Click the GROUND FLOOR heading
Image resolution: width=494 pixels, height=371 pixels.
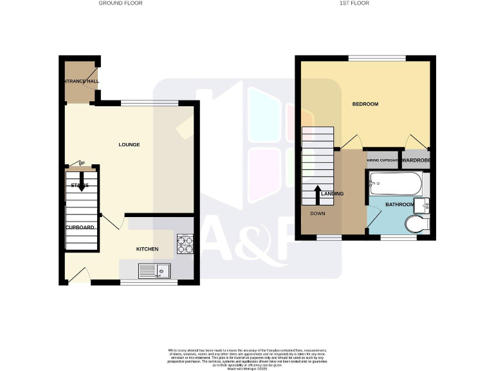point(120,3)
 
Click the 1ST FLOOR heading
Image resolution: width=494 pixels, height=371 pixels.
point(354,3)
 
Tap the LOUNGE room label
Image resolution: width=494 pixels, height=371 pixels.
point(129,144)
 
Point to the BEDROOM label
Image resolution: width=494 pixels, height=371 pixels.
point(365,104)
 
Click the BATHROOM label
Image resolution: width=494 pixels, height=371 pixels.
point(399,205)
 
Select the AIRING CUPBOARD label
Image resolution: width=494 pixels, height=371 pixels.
point(383,161)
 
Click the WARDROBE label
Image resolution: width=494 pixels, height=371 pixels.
point(416,160)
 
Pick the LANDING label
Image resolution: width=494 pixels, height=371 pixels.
point(333,194)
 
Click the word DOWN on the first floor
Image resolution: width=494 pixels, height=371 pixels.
point(318,214)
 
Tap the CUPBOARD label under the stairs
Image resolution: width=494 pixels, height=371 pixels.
point(80,227)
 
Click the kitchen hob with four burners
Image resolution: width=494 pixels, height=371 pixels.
point(185,243)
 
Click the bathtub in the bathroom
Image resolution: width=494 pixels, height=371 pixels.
point(395,185)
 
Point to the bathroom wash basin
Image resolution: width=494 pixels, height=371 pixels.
point(423,205)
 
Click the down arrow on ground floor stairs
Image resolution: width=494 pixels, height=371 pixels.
point(82,186)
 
